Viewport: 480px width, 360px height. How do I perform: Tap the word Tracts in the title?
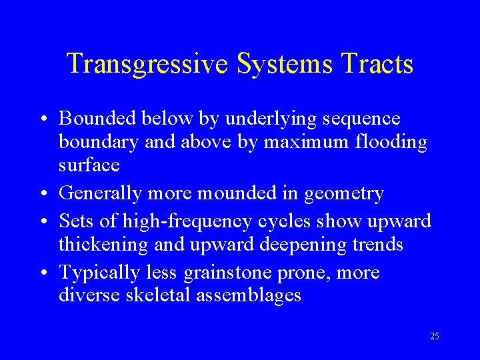tap(377, 64)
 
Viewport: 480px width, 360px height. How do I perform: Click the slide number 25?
tap(435, 337)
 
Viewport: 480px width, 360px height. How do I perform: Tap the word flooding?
tap(395, 143)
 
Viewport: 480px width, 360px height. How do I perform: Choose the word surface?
tap(89, 165)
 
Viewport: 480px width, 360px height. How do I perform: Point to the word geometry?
tap(344, 194)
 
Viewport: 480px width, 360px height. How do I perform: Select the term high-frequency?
tap(169, 221)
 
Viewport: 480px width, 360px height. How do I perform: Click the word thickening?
tap(103, 245)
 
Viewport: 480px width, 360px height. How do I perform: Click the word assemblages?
tap(249, 295)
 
